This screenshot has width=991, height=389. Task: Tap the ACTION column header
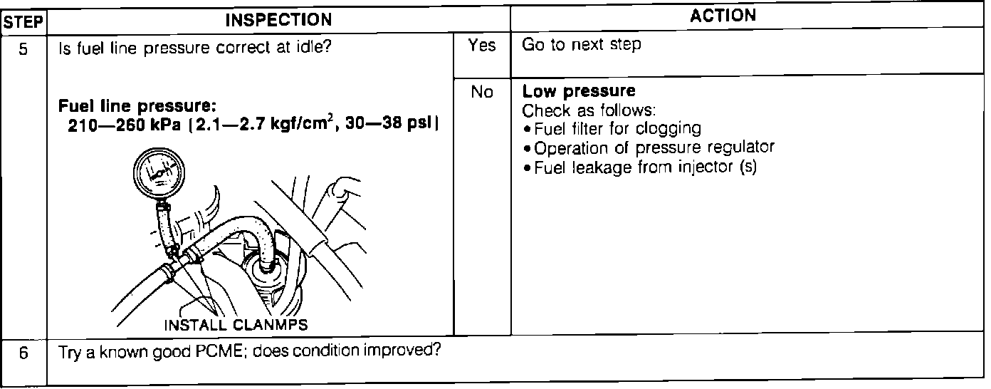click(x=723, y=16)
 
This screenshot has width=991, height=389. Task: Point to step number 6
click(x=23, y=353)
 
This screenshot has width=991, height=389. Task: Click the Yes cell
click(x=482, y=46)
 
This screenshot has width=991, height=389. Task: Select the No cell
click(x=482, y=93)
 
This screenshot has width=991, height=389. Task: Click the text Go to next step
click(x=582, y=45)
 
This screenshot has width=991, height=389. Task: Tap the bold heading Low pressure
click(x=578, y=92)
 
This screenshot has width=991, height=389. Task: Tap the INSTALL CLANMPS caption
click(x=236, y=325)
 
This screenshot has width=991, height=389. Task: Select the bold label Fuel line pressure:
click(x=137, y=107)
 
